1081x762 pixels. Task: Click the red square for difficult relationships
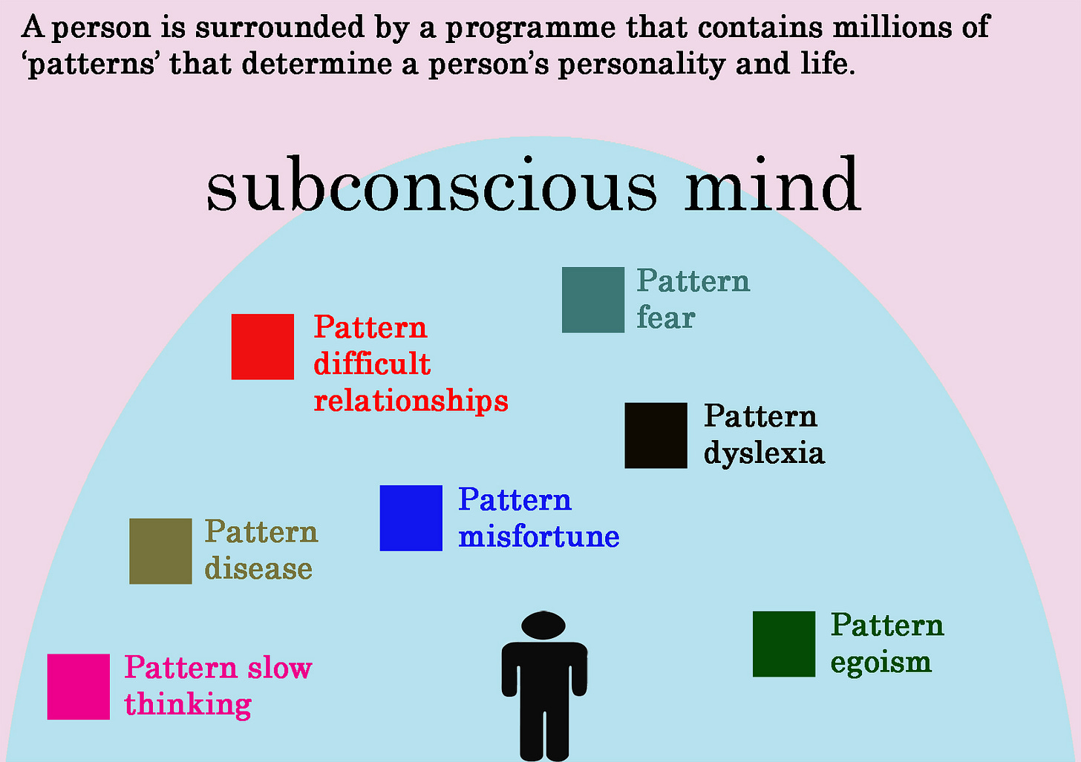click(262, 346)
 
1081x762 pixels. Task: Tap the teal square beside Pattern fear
click(592, 300)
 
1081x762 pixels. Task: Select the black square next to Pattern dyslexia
click(656, 436)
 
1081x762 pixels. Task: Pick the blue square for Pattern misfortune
click(411, 518)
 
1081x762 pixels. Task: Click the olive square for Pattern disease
click(160, 551)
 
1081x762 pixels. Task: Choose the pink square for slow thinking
click(78, 686)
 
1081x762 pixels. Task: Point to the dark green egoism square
click(783, 644)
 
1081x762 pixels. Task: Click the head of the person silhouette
click(543, 625)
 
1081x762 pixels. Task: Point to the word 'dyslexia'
click(763, 453)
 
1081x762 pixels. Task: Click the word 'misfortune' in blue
click(538, 536)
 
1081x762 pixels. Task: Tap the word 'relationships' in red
click(411, 401)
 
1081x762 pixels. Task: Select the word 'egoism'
click(881, 663)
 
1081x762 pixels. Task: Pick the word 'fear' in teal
click(665, 318)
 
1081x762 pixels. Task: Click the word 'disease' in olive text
click(258, 569)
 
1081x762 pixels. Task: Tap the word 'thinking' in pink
click(188, 705)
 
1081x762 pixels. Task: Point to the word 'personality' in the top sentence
click(641, 65)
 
